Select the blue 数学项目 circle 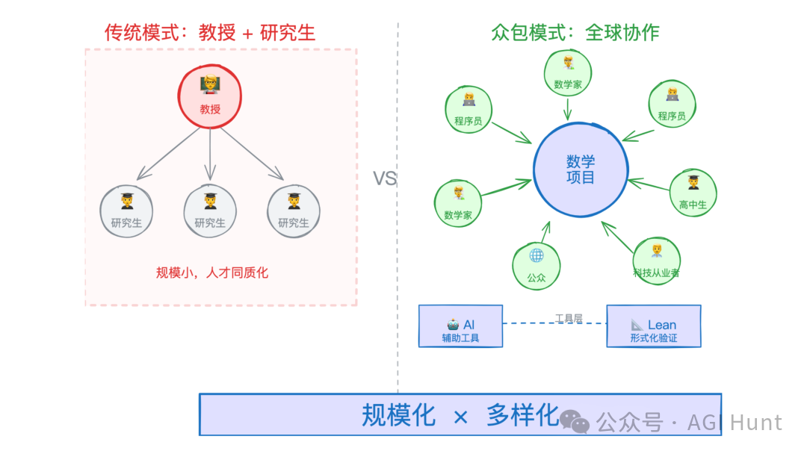[581, 170]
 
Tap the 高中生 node [693, 193]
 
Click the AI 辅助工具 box [460, 326]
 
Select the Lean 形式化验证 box [654, 326]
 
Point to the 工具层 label [569, 318]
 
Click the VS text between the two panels [385, 178]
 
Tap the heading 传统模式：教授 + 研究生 [210, 32]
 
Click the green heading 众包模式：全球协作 [575, 32]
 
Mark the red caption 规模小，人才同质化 [212, 273]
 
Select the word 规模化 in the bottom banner [398, 415]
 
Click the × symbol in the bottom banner [460, 417]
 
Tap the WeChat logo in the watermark [575, 422]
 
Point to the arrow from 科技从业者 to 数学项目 [619, 237]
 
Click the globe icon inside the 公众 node [537, 255]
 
